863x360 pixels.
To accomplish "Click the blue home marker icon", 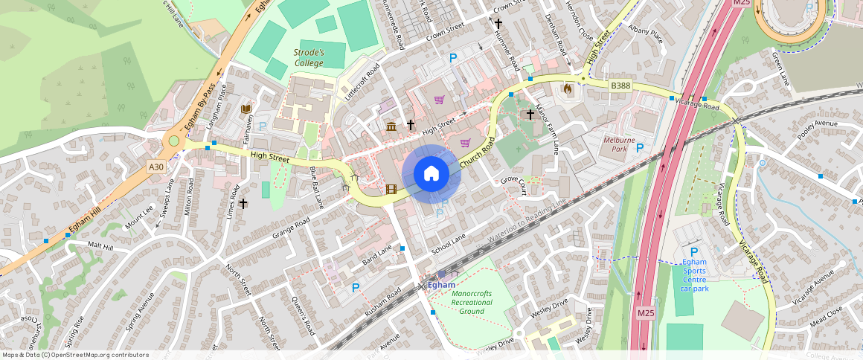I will (431, 174).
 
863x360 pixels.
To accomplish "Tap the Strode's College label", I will (309, 58).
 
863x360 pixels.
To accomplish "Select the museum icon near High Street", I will (391, 126).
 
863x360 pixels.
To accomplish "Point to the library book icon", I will (245, 109).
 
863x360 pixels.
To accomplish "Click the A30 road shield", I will (156, 167).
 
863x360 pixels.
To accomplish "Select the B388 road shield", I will (620, 86).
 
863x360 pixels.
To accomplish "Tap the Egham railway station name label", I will (443, 285).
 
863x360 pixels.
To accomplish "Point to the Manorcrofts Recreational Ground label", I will (472, 302).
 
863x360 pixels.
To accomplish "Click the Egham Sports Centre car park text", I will (694, 274).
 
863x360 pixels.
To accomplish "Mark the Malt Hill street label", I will (100, 245).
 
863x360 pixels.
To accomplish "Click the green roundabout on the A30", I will (174, 141).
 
